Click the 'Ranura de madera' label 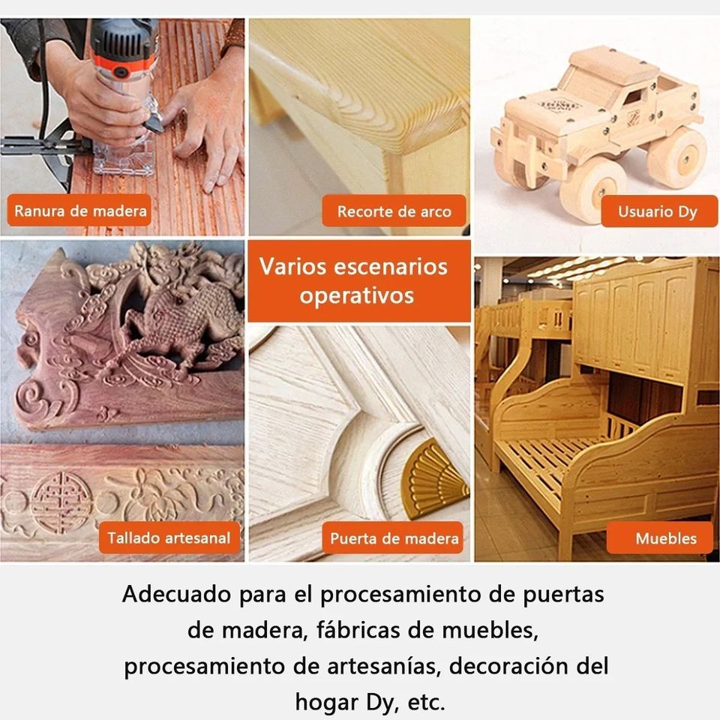(x=80, y=211)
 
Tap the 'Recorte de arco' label (x=394, y=211)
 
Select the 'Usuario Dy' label (x=657, y=211)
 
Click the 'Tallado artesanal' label (x=169, y=538)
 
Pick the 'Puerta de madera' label (x=394, y=538)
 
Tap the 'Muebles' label (x=665, y=538)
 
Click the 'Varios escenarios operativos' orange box (x=353, y=281)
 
